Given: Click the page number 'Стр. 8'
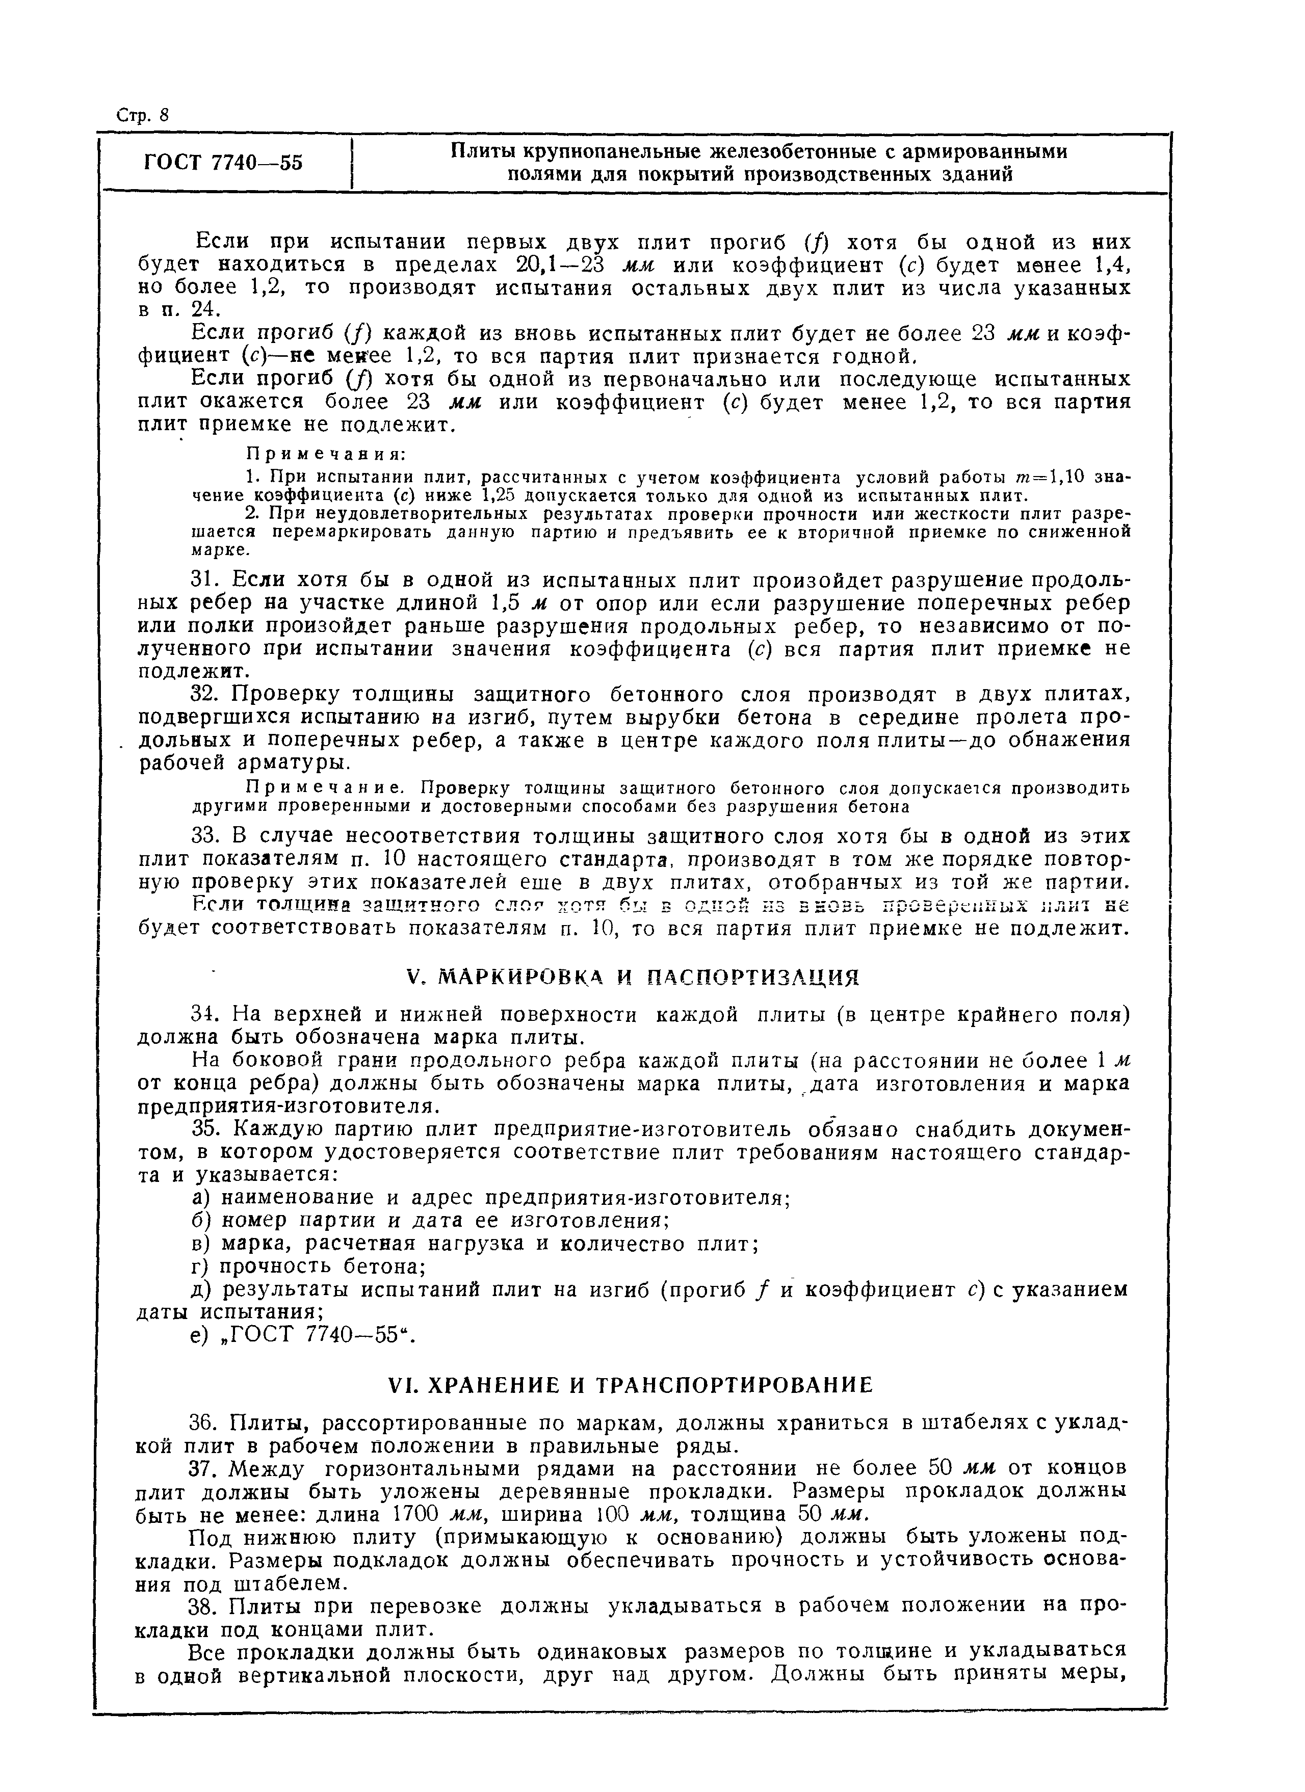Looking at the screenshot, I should pos(142,115).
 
